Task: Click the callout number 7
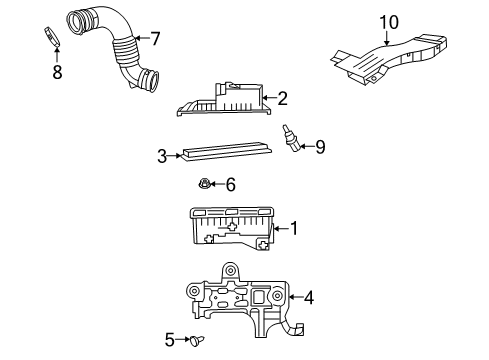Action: [155, 38]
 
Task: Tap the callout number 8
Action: [56, 71]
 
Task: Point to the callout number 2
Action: [283, 98]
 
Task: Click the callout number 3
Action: [161, 155]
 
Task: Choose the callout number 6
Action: [230, 184]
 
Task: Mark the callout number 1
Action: [293, 229]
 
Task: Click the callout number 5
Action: [169, 340]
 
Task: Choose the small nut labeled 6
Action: [204, 183]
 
